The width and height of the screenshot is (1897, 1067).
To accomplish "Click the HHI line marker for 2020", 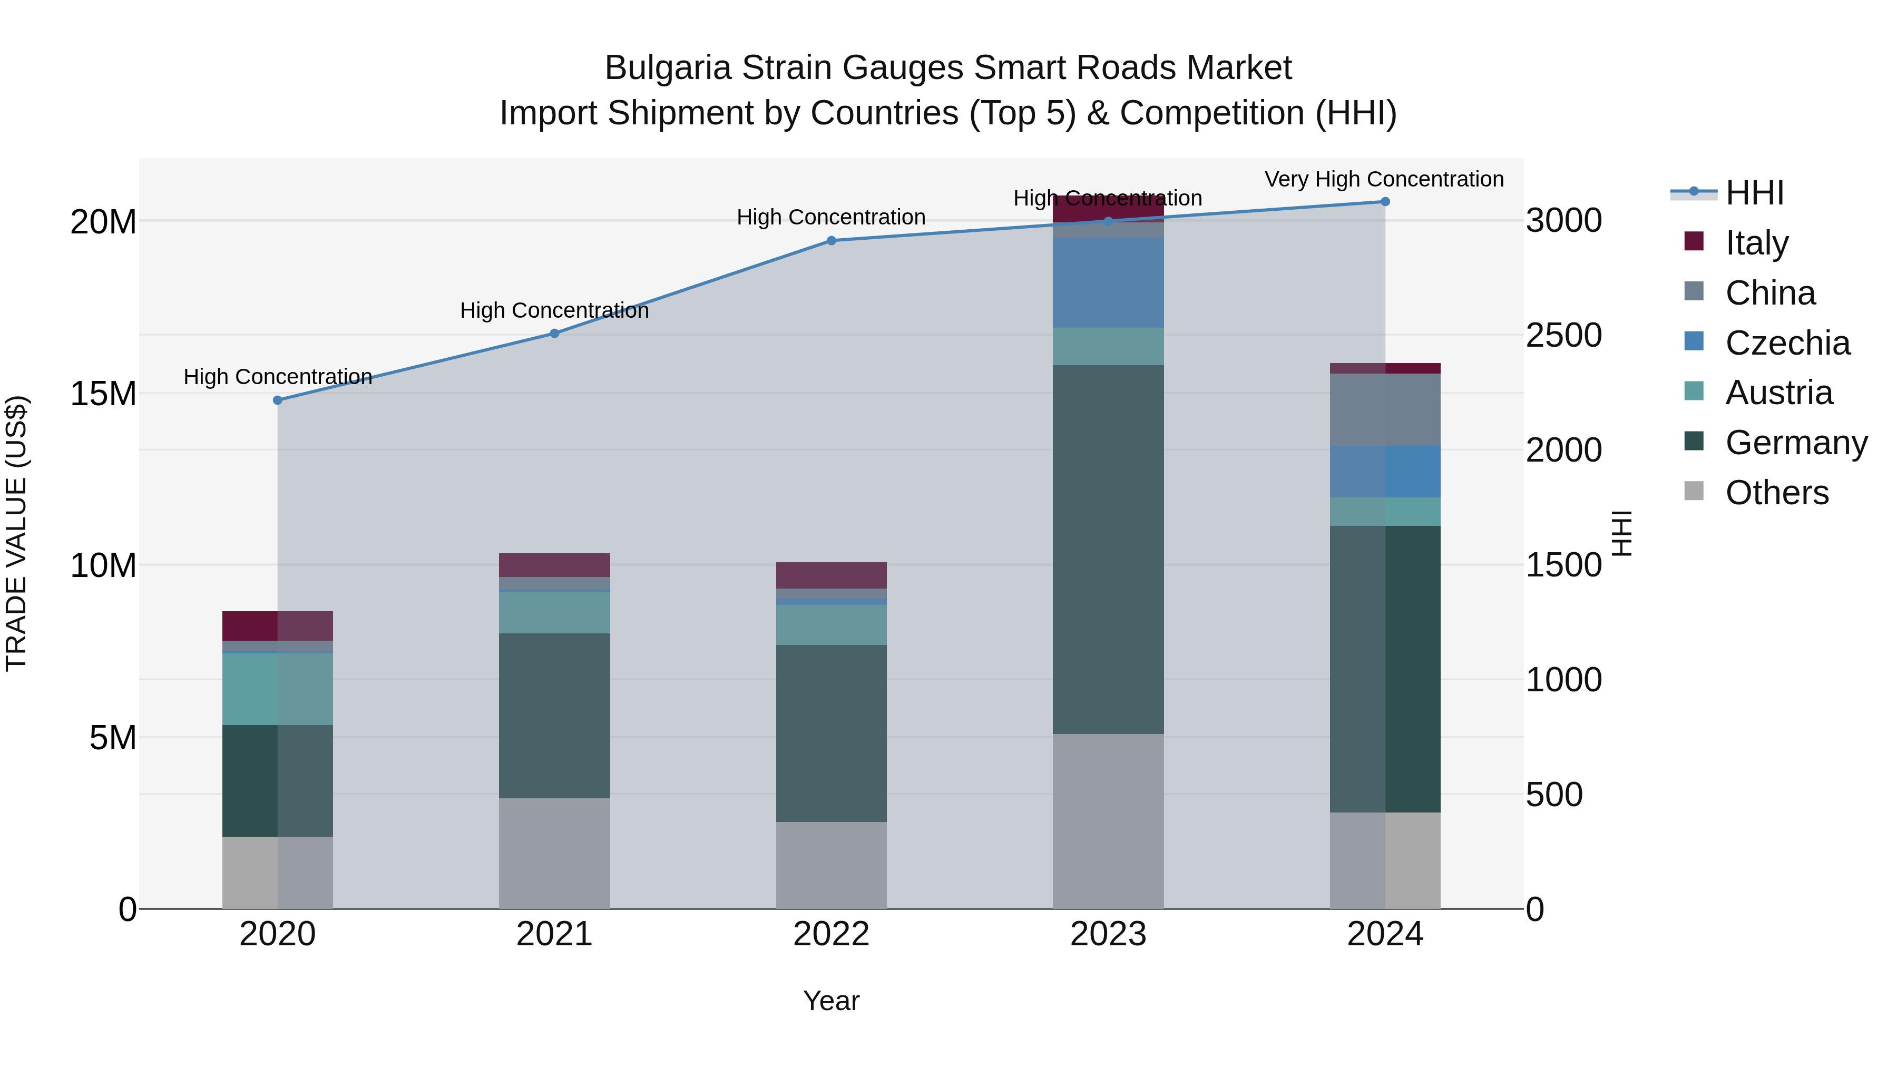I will [278, 400].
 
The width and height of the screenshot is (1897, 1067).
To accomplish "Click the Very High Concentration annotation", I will [1384, 179].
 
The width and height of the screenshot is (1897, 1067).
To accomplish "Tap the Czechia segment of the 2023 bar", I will [1108, 282].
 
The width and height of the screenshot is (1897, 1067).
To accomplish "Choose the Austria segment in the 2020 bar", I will [278, 689].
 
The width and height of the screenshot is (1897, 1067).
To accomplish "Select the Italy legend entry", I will [1756, 243].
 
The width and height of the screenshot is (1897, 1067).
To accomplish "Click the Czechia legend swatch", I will [1694, 341].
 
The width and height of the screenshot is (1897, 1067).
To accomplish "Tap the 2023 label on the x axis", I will [1108, 934].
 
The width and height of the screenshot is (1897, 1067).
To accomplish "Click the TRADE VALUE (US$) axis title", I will [16, 533].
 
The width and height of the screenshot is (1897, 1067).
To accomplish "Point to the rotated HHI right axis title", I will [1621, 533].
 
